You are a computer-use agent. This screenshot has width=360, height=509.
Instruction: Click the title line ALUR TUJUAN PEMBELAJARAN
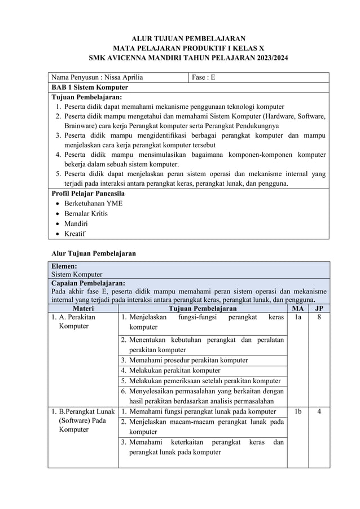click(181, 38)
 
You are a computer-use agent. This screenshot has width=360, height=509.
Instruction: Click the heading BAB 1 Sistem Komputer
click(89, 87)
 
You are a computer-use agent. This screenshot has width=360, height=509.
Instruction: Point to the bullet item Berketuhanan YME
click(93, 203)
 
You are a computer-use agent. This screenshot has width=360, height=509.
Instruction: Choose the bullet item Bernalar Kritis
click(86, 213)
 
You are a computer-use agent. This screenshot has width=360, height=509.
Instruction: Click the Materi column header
click(84, 309)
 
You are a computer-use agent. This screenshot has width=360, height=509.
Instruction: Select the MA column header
click(297, 309)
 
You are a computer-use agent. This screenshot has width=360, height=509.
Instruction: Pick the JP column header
click(319, 309)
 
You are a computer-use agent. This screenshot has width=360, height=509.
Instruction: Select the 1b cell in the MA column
click(297, 412)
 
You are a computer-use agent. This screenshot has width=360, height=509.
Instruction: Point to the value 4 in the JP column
click(319, 412)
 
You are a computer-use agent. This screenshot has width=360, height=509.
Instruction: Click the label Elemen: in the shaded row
click(64, 266)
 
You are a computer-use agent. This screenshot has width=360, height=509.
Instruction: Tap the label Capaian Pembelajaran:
click(88, 283)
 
